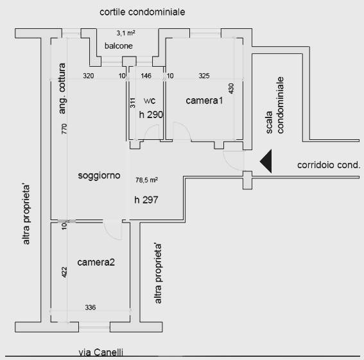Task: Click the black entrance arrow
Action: (x=267, y=161)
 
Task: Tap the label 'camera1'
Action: (x=204, y=101)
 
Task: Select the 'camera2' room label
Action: (x=96, y=262)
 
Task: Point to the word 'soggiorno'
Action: (x=99, y=175)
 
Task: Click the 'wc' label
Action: (x=150, y=101)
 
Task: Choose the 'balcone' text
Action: (x=119, y=46)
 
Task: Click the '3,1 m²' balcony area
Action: (x=126, y=33)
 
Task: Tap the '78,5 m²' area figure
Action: (x=147, y=180)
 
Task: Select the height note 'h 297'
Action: (x=146, y=200)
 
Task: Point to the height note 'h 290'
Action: (x=151, y=114)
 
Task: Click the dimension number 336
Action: (x=91, y=307)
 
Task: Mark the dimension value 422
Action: (x=64, y=272)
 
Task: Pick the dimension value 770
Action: (x=64, y=128)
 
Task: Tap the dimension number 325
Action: (x=204, y=76)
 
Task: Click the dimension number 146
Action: (x=146, y=76)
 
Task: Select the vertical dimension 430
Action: (x=231, y=89)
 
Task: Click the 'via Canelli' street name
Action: (x=101, y=352)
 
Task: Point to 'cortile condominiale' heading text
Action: (x=143, y=12)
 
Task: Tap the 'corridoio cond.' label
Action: (x=329, y=165)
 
